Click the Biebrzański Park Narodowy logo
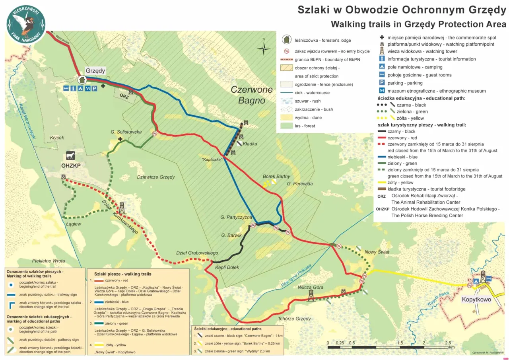pyautogui.click(x=26, y=24)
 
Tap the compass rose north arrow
pyautogui.click(x=263, y=48)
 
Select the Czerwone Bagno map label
pyautogui.click(x=252, y=95)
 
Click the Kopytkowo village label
pyautogui.click(x=476, y=300)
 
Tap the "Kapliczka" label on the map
pyautogui.click(x=212, y=160)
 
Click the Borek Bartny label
pyautogui.click(x=276, y=176)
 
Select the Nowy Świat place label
pyautogui.click(x=377, y=252)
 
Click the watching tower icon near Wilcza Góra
pyautogui.click(x=311, y=295)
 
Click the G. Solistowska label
pyautogui.click(x=126, y=132)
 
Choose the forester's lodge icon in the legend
pyautogui.click(x=286, y=40)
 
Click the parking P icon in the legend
pyautogui.click(x=381, y=83)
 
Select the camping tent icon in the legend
pyautogui.click(x=381, y=67)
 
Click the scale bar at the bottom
pyautogui.click(x=388, y=347)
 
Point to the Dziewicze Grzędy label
pyautogui.click(x=156, y=177)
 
